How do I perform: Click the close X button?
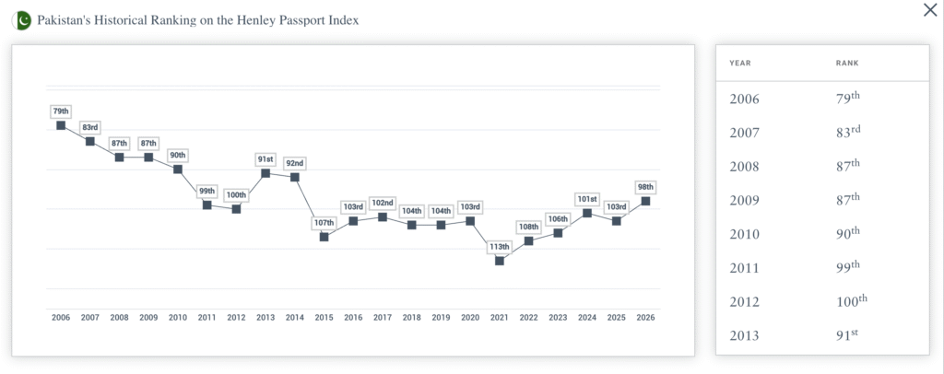tap(929, 10)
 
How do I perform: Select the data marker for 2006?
tap(61, 125)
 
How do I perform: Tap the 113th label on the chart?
tap(499, 246)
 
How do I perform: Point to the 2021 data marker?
tap(499, 261)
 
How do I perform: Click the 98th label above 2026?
tap(645, 186)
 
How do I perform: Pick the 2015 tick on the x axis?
tap(324, 317)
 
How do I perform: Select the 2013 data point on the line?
tap(265, 173)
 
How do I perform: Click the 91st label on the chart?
tap(265, 159)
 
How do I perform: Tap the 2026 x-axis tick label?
tap(645, 317)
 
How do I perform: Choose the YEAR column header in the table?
tap(740, 63)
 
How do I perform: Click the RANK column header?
tap(847, 63)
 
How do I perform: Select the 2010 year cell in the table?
tap(744, 234)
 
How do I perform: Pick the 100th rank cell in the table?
tap(851, 300)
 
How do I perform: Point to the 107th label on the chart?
tap(324, 223)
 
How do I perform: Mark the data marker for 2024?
tap(587, 213)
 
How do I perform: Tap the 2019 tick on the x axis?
tap(441, 317)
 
